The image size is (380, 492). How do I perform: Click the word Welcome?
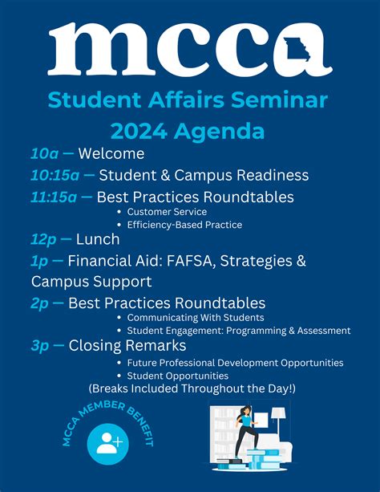tap(111, 154)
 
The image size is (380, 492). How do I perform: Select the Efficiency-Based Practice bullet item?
tap(184, 225)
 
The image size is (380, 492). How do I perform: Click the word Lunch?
tap(98, 239)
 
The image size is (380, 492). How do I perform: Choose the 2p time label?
tap(40, 303)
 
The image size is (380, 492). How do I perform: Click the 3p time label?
tap(40, 346)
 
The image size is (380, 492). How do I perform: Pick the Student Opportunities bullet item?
tap(177, 375)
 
